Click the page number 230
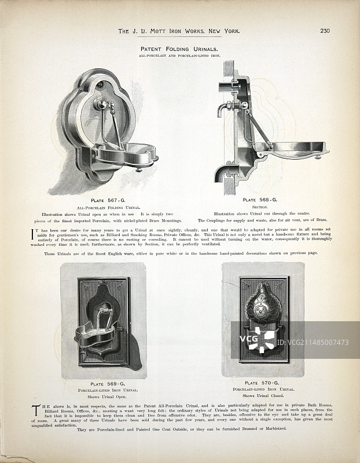tap(324, 31)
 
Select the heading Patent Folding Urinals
tap(179, 49)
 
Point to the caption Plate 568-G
tap(262, 200)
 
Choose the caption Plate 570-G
tap(262, 383)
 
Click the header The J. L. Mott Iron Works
tap(178, 31)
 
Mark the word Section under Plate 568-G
tap(262, 207)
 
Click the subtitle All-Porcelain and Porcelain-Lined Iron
tap(179, 56)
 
